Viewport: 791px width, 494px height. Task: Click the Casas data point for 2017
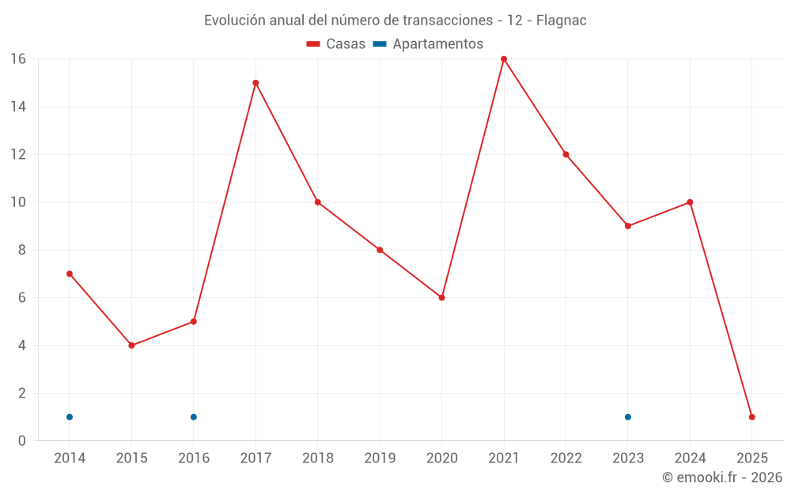[x=255, y=83]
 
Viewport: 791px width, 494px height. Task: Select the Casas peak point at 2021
[x=504, y=59]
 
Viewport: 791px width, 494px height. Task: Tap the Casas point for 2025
[x=751, y=417]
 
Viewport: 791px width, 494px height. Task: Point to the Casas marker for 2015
[x=131, y=345]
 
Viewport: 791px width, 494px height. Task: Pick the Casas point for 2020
[x=441, y=297]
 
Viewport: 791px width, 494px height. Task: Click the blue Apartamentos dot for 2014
[x=70, y=417]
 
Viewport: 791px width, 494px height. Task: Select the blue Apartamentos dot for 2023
[x=627, y=417]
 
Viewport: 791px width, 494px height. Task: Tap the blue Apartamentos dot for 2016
[x=194, y=417]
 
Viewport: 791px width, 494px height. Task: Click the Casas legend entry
[x=336, y=44]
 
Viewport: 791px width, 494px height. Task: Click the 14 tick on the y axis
[x=18, y=107]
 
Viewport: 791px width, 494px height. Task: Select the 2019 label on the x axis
[x=380, y=458]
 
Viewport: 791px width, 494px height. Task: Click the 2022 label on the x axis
[x=566, y=458]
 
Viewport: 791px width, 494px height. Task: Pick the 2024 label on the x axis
[x=690, y=458]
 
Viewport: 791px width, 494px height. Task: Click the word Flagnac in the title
[x=561, y=21]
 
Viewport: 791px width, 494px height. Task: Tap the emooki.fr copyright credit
[x=721, y=477]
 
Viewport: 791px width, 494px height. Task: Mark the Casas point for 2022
[x=566, y=154]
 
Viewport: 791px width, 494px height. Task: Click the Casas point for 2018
[x=318, y=202]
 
